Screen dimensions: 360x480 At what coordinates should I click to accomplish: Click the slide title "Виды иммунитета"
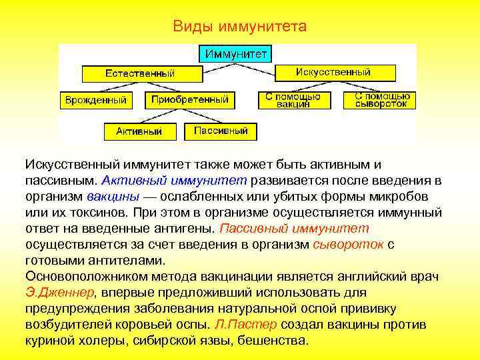tap(239, 27)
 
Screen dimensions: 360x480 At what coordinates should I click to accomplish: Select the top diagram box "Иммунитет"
tap(236, 53)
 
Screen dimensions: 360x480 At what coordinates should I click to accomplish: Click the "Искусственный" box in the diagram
tap(333, 72)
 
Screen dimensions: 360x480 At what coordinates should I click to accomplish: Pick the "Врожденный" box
tap(95, 100)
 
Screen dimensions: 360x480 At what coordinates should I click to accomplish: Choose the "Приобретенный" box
tap(190, 100)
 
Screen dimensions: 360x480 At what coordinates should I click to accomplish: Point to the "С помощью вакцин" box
tap(293, 100)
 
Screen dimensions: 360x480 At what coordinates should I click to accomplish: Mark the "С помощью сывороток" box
tap(380, 100)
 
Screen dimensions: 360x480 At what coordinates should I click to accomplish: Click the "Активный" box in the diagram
tap(139, 131)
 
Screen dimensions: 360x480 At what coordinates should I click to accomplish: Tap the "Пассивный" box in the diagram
tap(221, 131)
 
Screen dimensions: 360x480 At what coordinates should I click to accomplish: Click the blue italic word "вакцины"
tap(113, 197)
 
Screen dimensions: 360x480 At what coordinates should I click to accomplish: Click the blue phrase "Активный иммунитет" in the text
tap(174, 180)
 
